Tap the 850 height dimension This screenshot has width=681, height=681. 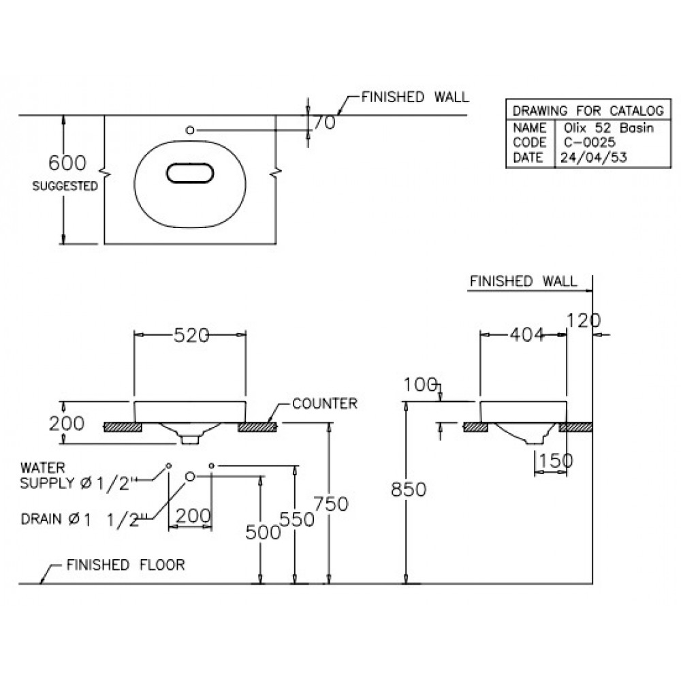pyautogui.click(x=409, y=489)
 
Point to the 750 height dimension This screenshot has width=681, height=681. pyautogui.click(x=331, y=504)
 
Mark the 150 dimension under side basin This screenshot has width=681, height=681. pyautogui.click(x=555, y=461)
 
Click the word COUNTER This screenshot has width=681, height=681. pyautogui.click(x=324, y=404)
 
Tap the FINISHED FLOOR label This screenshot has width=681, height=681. pyautogui.click(x=125, y=565)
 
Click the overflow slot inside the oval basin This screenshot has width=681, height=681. pyautogui.click(x=190, y=174)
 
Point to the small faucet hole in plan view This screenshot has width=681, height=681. pyautogui.click(x=190, y=129)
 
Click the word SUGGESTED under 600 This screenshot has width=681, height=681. pyautogui.click(x=65, y=185)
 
